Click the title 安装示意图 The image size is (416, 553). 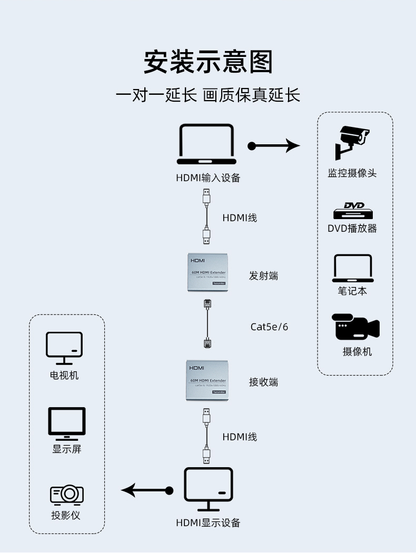pyautogui.click(x=208, y=62)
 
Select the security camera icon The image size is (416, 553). pyautogui.click(x=351, y=142)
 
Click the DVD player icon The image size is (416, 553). pyautogui.click(x=353, y=211)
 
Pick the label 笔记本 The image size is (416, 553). pyautogui.click(x=352, y=291)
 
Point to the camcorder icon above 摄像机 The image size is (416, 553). pyautogui.click(x=355, y=327)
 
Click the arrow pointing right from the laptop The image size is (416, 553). pyautogui.click(x=274, y=145)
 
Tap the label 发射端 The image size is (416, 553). pyautogui.click(x=263, y=275)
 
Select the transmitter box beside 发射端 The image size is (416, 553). pyautogui.click(x=208, y=272)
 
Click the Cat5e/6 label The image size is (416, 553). pyautogui.click(x=269, y=327)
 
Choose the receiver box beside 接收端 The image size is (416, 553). pyautogui.click(x=208, y=380)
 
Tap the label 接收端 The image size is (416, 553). pyautogui.click(x=263, y=382)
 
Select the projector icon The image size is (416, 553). pyautogui.click(x=67, y=494)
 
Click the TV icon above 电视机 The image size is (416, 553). pyautogui.click(x=64, y=348)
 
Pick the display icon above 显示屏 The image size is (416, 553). pyautogui.click(x=67, y=423)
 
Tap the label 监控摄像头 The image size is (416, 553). pyautogui.click(x=352, y=173)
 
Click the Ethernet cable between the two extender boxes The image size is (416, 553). pyautogui.click(x=207, y=324)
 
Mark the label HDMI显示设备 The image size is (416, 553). pyautogui.click(x=208, y=523)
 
